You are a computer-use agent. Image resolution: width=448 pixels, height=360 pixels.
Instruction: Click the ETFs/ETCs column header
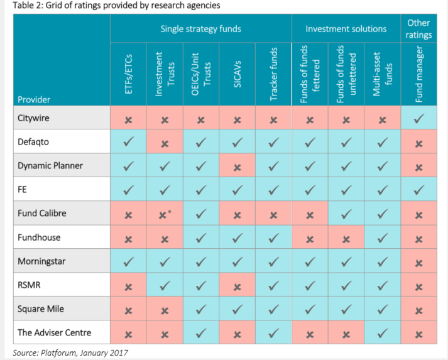click(129, 74)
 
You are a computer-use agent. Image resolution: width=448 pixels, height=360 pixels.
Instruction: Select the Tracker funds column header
click(273, 74)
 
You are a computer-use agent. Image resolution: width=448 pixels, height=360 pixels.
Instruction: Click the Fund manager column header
click(419, 74)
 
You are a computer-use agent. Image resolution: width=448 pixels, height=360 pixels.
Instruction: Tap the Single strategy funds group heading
click(200, 29)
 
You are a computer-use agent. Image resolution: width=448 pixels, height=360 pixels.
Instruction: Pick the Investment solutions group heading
click(346, 29)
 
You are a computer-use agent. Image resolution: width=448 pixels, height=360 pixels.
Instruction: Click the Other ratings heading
click(418, 28)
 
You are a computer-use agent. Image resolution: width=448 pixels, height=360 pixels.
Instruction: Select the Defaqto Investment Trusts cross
click(165, 143)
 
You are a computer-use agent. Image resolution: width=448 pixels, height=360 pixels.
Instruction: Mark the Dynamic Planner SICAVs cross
click(237, 167)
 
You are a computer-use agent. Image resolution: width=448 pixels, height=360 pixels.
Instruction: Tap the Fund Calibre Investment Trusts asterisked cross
click(165, 215)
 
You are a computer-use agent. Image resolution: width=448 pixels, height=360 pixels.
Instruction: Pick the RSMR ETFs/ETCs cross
click(128, 286)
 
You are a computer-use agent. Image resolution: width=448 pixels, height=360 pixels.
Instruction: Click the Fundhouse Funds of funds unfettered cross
click(346, 239)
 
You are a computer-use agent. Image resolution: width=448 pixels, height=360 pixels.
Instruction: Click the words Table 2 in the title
click(29, 6)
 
